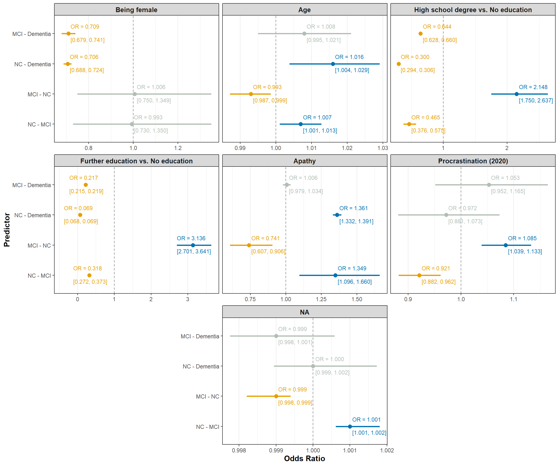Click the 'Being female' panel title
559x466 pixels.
click(x=136, y=10)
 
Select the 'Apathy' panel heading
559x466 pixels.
click(x=304, y=161)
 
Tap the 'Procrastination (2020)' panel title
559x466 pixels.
click(x=473, y=161)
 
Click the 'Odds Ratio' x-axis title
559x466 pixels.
click(x=304, y=458)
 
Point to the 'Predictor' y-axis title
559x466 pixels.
click(x=7, y=230)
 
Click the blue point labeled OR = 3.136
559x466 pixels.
click(x=193, y=245)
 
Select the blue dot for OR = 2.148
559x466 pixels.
click(x=516, y=94)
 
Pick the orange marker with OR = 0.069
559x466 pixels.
click(x=80, y=215)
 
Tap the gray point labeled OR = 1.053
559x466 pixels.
click(x=489, y=185)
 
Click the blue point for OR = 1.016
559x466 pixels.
click(x=333, y=64)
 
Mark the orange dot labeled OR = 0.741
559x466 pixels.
click(x=249, y=245)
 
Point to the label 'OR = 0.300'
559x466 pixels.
click(x=415, y=57)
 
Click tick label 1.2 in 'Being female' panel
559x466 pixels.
click(x=178, y=148)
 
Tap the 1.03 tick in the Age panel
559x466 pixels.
click(x=383, y=148)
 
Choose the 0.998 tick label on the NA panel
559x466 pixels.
click(x=239, y=450)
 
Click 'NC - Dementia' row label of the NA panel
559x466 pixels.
click(x=201, y=366)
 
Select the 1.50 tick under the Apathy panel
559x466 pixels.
click(x=357, y=299)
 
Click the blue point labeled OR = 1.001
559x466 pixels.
click(x=350, y=427)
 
